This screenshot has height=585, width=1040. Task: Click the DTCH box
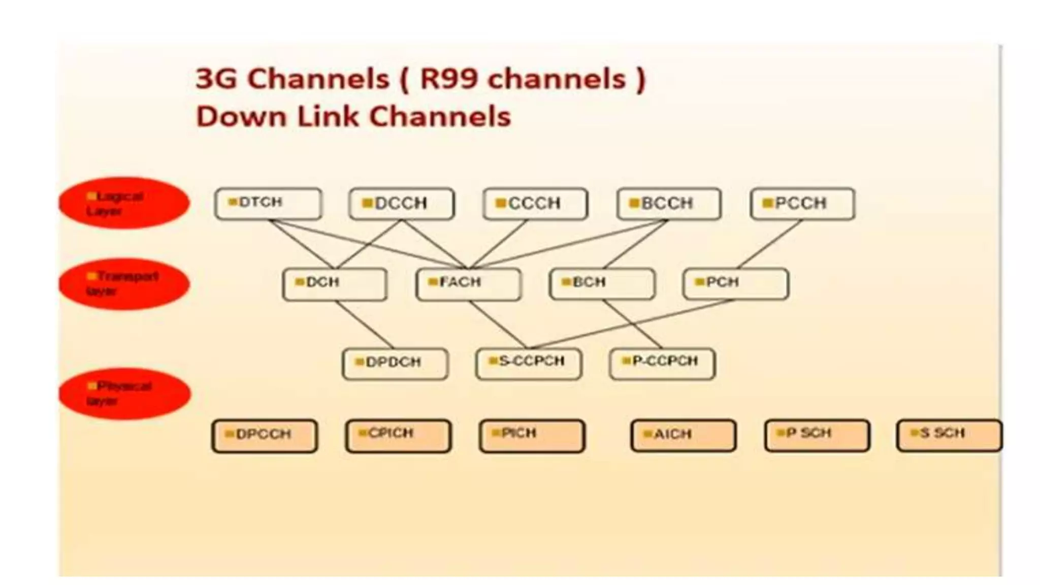pos(268,204)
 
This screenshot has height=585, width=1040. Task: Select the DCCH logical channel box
pos(401,204)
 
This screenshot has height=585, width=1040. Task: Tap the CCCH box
pos(535,204)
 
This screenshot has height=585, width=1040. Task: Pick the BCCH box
pos(669,204)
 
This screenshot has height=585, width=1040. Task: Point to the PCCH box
pos(802,204)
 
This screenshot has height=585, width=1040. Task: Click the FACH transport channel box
pos(468,284)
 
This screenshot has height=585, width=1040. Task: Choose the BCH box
pos(602,284)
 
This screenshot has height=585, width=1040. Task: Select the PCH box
pos(736,284)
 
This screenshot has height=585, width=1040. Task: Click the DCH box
pos(335,284)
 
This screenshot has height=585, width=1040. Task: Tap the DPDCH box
pos(395,364)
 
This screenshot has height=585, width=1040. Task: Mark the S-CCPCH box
pos(529,364)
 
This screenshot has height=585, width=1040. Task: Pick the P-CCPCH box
pos(662,364)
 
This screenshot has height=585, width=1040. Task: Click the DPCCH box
pos(265,436)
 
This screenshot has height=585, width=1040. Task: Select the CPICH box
pos(398,436)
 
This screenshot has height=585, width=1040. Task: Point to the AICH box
pos(683,436)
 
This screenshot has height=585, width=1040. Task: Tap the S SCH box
pos(949,436)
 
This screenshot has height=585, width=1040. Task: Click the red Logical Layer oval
pos(124,203)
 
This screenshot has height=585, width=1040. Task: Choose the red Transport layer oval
pos(124,284)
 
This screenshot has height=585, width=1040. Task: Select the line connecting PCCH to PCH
pos(770,244)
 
